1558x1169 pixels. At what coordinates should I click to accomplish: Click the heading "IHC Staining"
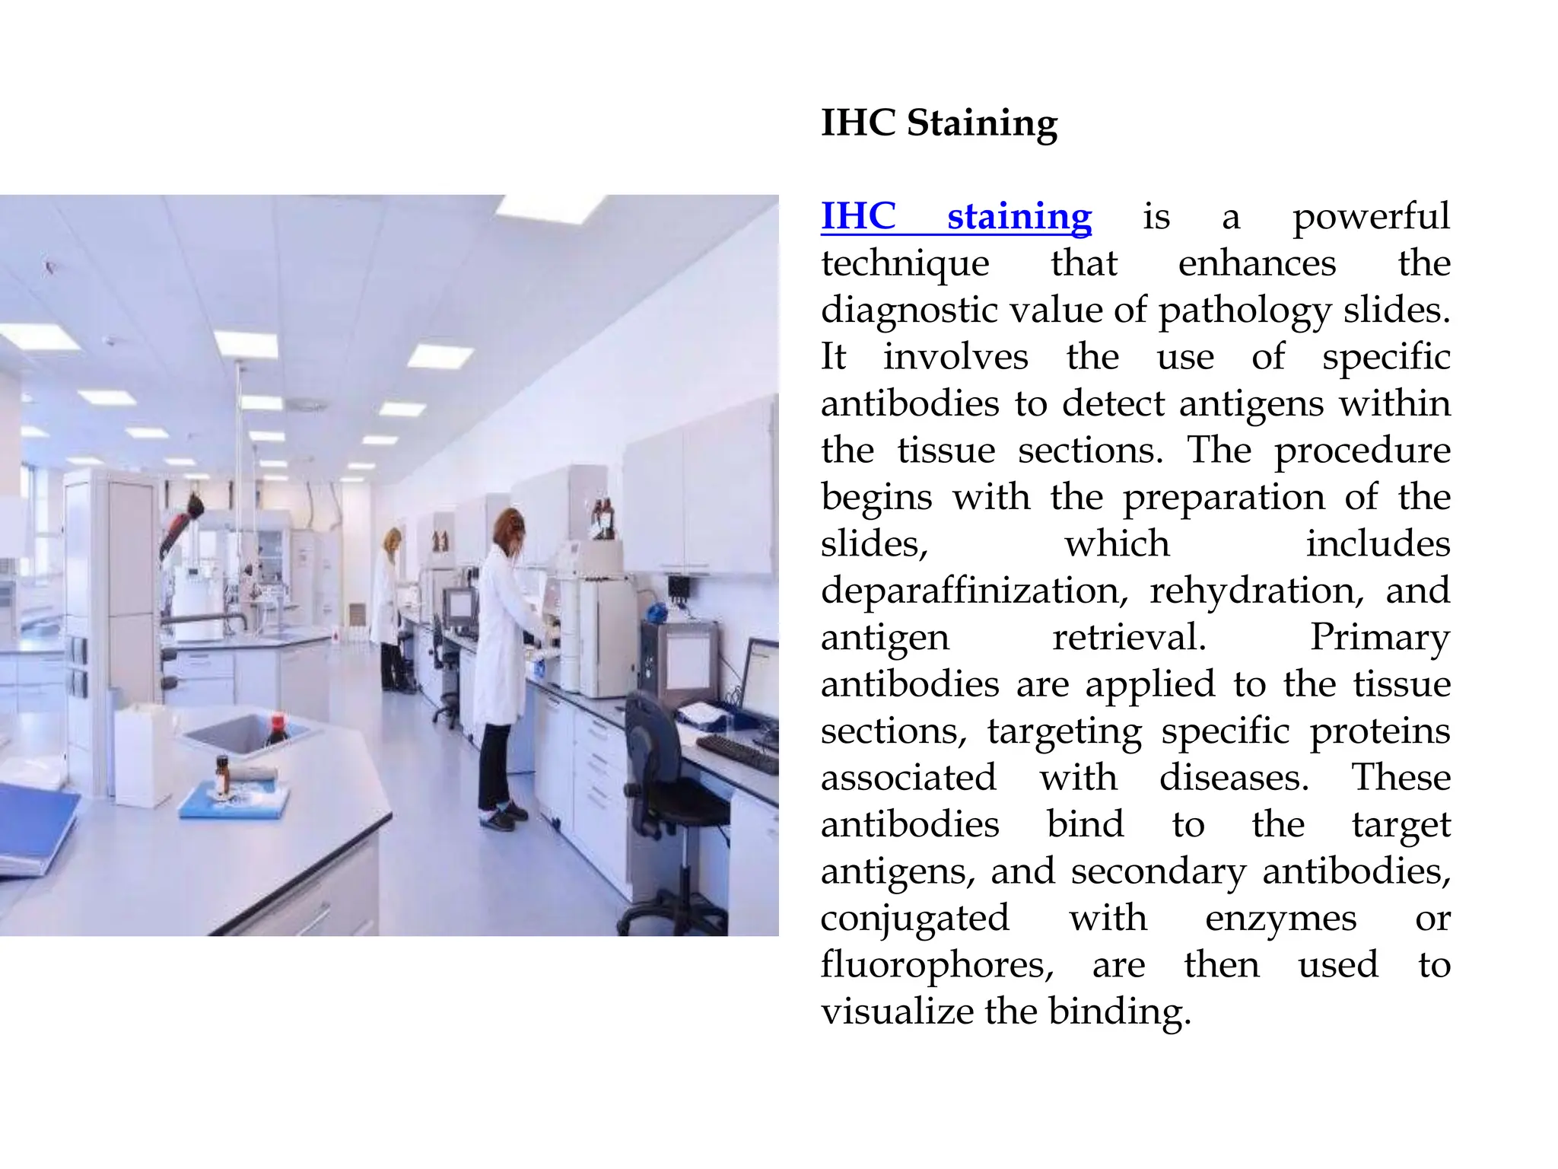point(939,123)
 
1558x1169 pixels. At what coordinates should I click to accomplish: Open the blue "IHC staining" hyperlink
point(956,217)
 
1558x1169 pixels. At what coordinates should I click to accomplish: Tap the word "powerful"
point(1371,217)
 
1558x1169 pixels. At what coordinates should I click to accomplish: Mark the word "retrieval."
point(1129,638)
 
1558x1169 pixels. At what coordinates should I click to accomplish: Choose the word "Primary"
point(1379,638)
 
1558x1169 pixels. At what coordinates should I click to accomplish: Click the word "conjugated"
point(914,919)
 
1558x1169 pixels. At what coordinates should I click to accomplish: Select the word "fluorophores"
point(936,965)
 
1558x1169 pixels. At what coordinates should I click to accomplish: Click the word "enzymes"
point(1280,919)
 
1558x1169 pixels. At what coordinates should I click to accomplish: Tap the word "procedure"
point(1362,451)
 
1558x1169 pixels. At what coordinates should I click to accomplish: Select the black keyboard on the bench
point(736,753)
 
